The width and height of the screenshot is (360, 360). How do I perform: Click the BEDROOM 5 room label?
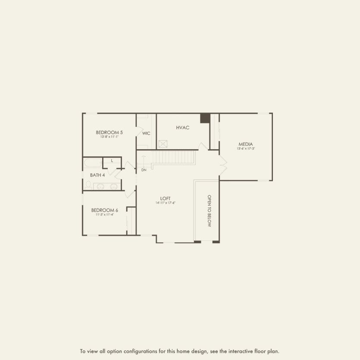coord(109,132)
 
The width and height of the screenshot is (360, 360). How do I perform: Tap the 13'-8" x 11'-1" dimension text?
coord(109,137)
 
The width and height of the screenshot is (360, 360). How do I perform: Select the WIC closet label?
coord(146,133)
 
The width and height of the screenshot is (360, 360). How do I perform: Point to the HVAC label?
coord(183,128)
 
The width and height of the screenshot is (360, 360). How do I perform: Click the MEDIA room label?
coord(246,144)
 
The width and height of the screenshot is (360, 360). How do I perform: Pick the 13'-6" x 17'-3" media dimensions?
coord(246,149)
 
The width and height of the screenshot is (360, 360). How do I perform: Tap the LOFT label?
coord(166,198)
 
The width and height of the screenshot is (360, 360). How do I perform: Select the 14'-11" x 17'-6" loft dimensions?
coord(166,203)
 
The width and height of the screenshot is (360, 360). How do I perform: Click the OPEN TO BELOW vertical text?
coord(209,211)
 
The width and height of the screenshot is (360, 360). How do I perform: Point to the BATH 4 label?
coord(97,175)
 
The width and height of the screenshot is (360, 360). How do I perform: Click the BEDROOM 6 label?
coord(104,210)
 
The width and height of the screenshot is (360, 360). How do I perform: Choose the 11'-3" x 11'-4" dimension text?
coord(104,214)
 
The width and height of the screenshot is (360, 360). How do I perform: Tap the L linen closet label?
coord(112,161)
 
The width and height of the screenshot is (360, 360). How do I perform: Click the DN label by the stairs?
coord(144,170)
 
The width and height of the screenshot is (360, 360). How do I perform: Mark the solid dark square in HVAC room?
coord(205,118)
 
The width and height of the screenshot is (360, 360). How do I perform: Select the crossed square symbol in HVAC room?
coord(163,144)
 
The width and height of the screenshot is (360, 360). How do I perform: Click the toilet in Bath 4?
coord(88,185)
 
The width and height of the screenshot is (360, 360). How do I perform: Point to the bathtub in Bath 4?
coord(93,163)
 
